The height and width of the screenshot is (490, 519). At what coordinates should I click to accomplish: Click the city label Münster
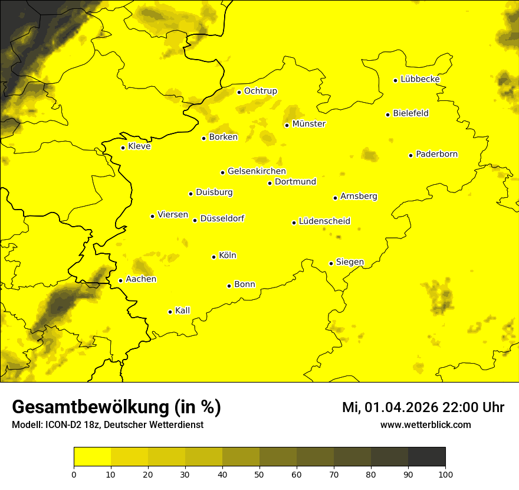[308, 124]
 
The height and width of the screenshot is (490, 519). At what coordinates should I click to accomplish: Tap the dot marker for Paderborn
[411, 155]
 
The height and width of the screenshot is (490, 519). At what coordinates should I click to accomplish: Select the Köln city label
[227, 256]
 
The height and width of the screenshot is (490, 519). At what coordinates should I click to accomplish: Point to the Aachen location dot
[120, 280]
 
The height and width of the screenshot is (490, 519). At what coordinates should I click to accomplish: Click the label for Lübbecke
[420, 79]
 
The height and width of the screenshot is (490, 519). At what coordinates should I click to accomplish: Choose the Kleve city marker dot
[123, 148]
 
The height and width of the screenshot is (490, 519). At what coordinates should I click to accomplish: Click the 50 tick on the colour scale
[259, 473]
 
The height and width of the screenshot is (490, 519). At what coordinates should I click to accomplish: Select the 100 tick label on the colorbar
[445, 473]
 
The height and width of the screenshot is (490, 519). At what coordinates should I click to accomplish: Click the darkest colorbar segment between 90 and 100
[426, 457]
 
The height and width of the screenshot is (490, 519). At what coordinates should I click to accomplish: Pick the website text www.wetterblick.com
[425, 424]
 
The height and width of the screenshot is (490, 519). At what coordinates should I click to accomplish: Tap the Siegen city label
[350, 262]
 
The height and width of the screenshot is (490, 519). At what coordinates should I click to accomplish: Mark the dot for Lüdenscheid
[294, 223]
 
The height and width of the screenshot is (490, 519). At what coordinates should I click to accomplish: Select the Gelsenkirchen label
[257, 171]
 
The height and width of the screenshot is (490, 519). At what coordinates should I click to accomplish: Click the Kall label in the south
[183, 311]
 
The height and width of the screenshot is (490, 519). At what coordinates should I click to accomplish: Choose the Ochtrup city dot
[239, 92]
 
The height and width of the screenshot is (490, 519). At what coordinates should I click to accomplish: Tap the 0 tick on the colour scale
[74, 473]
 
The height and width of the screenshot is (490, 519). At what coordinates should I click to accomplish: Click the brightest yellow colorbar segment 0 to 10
[92, 457]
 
